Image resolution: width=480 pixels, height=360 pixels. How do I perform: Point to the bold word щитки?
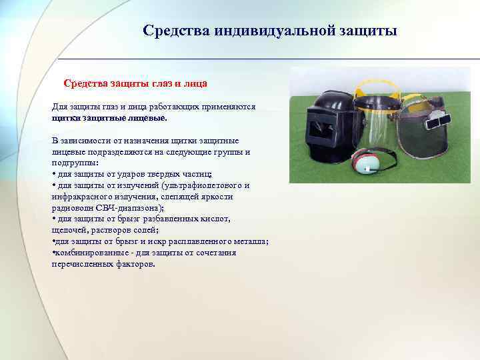(65, 117)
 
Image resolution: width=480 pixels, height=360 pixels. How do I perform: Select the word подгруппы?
(73, 163)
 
